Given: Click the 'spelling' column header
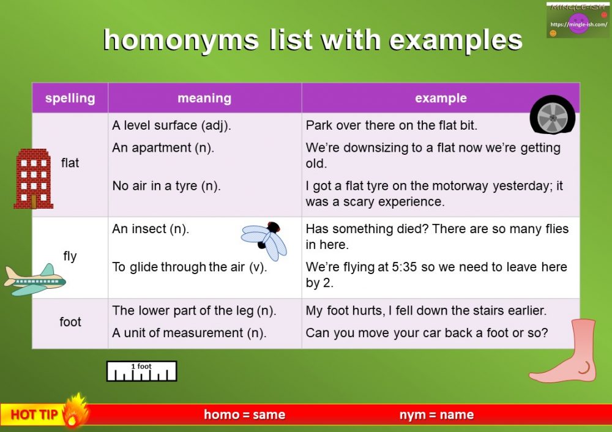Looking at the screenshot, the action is (70, 99).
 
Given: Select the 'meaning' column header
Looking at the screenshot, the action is (204, 98).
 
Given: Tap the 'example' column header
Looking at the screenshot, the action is (441, 98).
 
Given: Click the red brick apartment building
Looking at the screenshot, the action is (34, 179).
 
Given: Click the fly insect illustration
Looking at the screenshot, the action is (264, 240).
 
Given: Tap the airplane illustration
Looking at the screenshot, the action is (35, 280).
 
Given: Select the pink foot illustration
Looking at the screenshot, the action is (564, 351).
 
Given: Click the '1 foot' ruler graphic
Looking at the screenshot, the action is (142, 371).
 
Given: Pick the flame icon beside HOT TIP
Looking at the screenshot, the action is (74, 411).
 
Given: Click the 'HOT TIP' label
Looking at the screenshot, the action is (34, 414).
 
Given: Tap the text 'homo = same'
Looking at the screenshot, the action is (245, 414).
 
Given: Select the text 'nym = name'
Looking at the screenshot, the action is (437, 414).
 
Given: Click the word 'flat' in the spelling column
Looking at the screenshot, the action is (70, 163).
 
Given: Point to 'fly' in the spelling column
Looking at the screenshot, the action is (70, 256).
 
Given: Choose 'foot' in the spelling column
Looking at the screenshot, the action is (70, 322).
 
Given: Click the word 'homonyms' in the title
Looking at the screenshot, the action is (181, 40).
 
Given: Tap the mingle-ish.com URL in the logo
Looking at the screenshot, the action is (579, 24).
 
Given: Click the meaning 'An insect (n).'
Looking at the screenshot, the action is (151, 229).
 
